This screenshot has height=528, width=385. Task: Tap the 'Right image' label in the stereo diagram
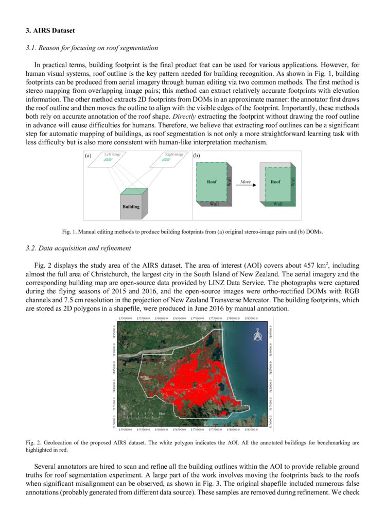pyautogui.click(x=173, y=154)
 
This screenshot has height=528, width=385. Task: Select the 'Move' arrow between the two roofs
pyautogui.click(x=246, y=184)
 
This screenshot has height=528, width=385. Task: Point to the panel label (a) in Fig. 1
pyautogui.click(x=89, y=155)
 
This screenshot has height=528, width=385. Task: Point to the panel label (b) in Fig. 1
pyautogui.click(x=196, y=155)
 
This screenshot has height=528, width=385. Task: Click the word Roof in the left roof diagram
pyautogui.click(x=212, y=182)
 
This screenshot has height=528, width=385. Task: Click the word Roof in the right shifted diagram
pyautogui.click(x=275, y=182)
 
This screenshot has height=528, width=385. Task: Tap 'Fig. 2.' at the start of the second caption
pyautogui.click(x=35, y=443)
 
